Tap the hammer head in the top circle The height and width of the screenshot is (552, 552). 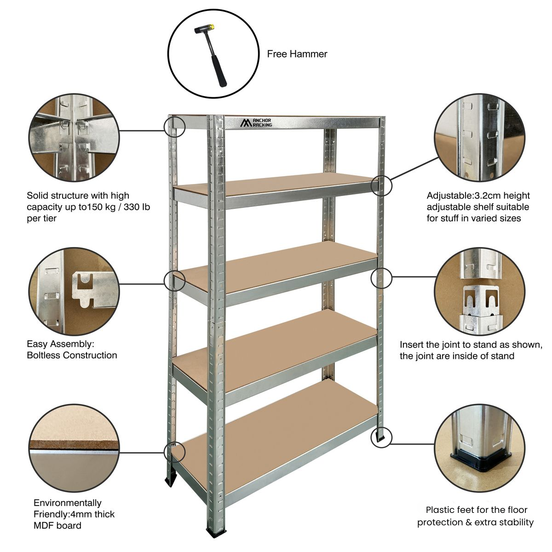pos(203,30)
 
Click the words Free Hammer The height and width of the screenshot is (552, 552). pos(297,54)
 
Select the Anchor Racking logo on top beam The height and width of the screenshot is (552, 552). pos(257,122)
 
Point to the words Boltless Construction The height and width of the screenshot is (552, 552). pos(72,355)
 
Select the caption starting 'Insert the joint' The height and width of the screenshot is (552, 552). pos(471,345)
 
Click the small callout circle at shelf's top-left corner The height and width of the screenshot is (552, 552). pos(174,126)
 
